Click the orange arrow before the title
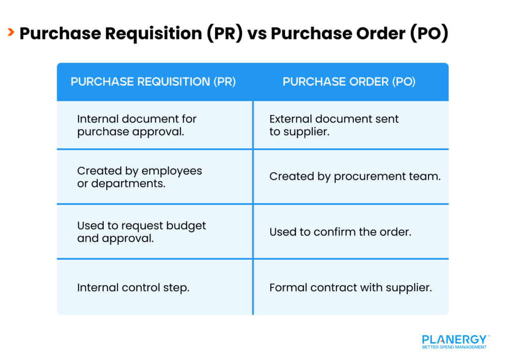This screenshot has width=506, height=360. tap(10, 33)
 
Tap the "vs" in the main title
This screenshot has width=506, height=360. tap(257, 34)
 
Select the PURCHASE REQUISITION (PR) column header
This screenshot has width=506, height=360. tap(153, 82)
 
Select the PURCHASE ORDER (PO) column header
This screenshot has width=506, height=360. tap(349, 82)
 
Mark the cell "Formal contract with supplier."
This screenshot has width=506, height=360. tap(350, 287)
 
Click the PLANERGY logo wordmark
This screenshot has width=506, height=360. tap(454, 340)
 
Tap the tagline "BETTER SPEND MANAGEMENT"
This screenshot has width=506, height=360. tap(454, 347)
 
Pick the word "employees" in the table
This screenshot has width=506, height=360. tap(171, 171)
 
